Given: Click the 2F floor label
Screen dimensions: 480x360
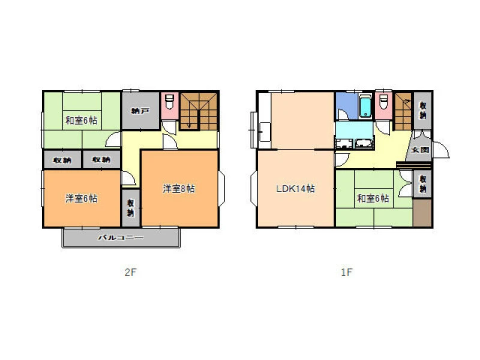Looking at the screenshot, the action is tap(130, 272).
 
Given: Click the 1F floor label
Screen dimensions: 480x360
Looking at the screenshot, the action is tap(347, 272).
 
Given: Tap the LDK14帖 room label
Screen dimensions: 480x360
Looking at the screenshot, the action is tap(295, 188).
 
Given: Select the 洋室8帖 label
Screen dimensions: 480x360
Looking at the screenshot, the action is tap(179, 188).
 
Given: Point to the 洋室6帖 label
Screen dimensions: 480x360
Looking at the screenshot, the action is tap(82, 199).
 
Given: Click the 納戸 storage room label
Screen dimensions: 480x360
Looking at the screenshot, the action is tap(140, 111).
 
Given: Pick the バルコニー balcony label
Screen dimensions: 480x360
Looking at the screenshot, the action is tap(121, 237).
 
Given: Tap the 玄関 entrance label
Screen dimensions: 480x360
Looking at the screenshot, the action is tap(419, 150).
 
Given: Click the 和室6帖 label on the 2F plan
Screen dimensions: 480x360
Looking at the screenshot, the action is tap(82, 121).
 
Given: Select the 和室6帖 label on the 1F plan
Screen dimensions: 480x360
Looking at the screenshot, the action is tap(373, 199).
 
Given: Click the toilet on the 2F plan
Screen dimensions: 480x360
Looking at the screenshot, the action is tap(169, 101).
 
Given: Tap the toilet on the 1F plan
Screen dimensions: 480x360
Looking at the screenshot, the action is tap(383, 101).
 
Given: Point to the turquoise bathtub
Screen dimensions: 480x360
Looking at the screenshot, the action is tap(365, 106).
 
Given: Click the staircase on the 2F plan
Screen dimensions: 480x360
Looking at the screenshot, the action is tap(199, 111).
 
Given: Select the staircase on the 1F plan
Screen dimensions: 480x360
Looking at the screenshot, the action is tap(403, 111).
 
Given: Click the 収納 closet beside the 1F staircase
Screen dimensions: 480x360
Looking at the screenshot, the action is tap(423, 110).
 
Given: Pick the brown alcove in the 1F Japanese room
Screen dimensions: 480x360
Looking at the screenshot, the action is tap(422, 213).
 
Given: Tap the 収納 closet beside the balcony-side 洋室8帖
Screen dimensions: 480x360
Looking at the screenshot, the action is tap(131, 208).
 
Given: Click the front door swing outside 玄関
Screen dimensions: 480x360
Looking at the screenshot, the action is tap(441, 149).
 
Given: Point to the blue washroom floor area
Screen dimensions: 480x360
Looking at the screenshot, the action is tap(347, 106).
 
